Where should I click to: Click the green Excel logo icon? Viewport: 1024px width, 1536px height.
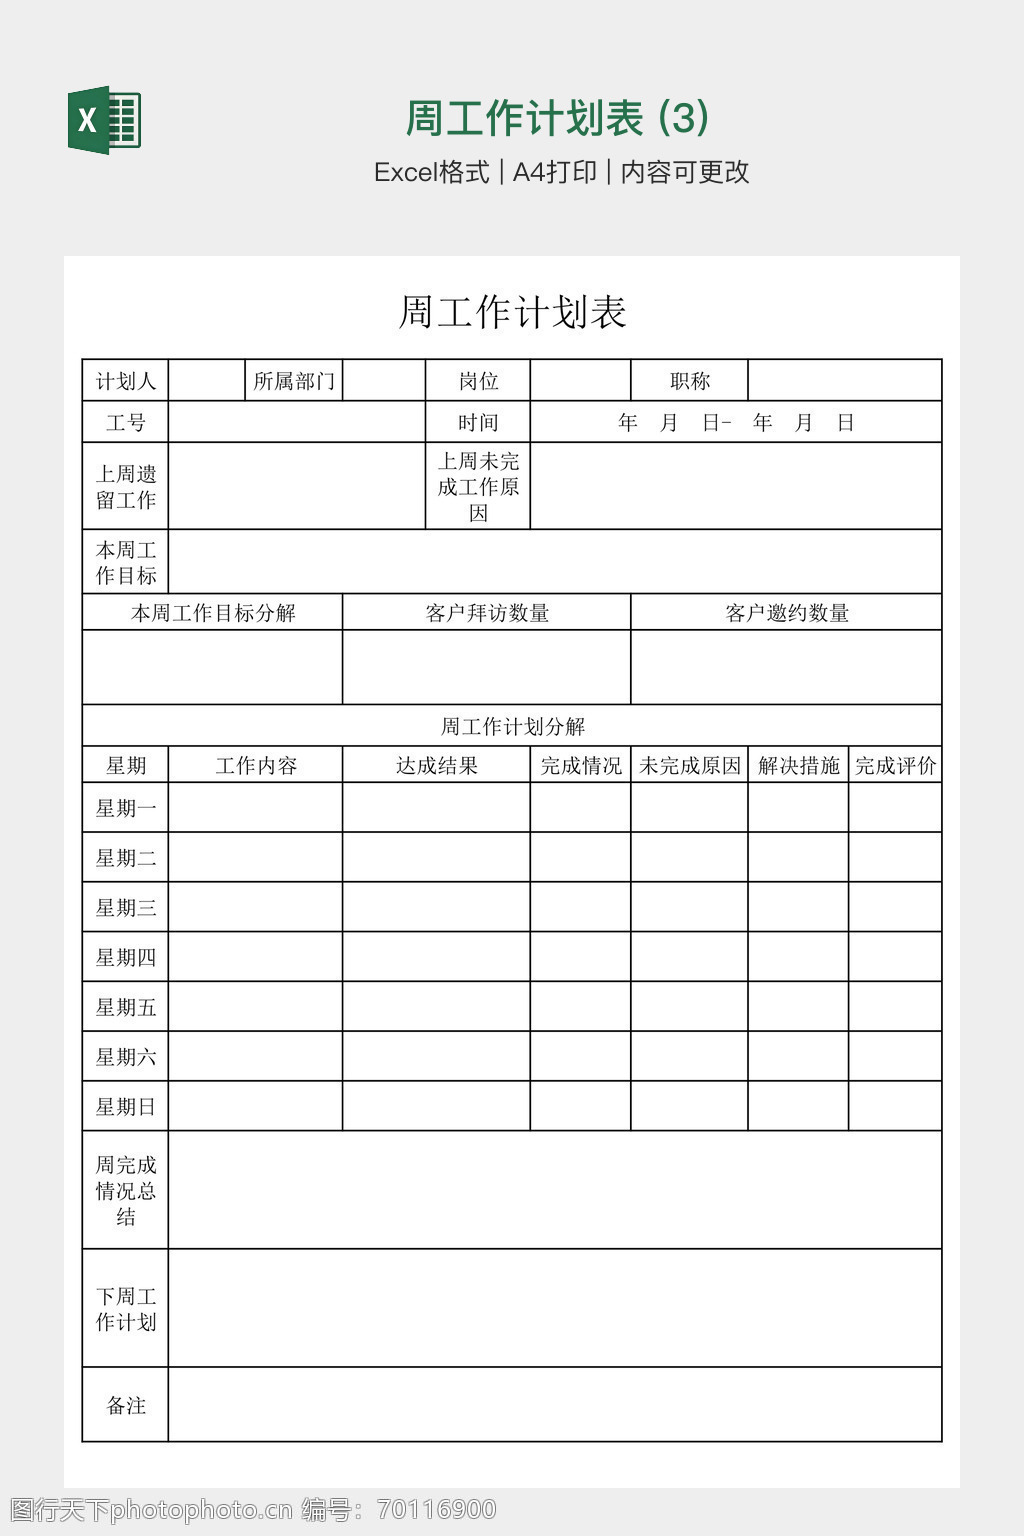(x=104, y=121)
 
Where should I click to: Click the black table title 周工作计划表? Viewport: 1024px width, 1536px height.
(x=512, y=312)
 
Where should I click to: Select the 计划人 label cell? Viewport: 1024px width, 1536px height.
(x=125, y=381)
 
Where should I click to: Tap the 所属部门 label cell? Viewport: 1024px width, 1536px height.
(x=294, y=381)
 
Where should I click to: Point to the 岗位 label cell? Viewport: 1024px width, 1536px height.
(x=478, y=381)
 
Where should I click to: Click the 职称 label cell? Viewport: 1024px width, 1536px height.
(x=690, y=381)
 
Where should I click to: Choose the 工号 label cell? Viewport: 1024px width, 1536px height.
(x=125, y=423)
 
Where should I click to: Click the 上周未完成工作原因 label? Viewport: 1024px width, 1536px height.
(x=478, y=487)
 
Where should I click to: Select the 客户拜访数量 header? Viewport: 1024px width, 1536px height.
(x=487, y=613)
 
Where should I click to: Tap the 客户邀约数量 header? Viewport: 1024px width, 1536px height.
(x=787, y=613)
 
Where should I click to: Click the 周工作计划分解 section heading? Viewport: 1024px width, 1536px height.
(x=512, y=727)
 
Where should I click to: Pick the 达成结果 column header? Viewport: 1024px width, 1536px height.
(x=436, y=766)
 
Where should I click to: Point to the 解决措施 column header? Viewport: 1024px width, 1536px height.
(x=798, y=766)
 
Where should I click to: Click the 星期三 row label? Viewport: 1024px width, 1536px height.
(x=125, y=908)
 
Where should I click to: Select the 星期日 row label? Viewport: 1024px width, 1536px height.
(x=125, y=1107)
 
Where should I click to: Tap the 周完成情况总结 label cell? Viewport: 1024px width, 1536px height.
(x=125, y=1191)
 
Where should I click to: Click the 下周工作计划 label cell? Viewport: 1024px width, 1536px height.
(x=125, y=1309)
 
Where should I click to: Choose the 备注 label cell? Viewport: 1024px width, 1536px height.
(x=125, y=1406)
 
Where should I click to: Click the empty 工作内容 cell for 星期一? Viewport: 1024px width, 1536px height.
(x=256, y=808)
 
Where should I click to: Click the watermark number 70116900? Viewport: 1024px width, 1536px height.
(x=435, y=1509)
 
